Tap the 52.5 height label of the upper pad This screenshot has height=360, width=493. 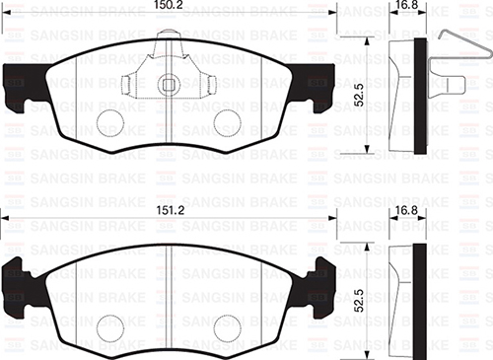point(362,97)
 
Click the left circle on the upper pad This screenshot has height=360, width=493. point(111,122)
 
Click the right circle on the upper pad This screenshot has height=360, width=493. point(228,122)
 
